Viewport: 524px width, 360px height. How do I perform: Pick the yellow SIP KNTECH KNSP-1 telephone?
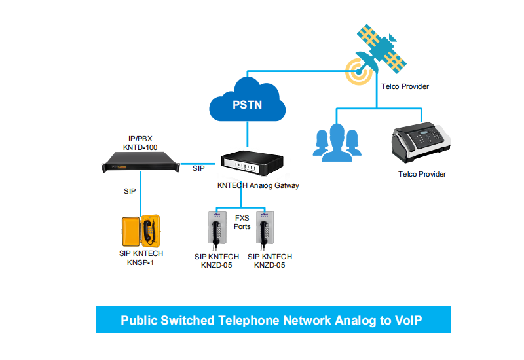(141, 230)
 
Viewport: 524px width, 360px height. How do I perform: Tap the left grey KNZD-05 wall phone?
(217, 230)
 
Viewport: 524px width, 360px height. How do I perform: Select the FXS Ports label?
(242, 222)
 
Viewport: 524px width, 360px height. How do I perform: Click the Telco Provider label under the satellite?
(405, 86)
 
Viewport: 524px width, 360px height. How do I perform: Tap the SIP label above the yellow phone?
(130, 192)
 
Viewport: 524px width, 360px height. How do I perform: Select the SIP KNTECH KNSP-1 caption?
(141, 258)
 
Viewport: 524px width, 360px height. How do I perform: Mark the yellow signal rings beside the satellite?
(358, 70)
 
